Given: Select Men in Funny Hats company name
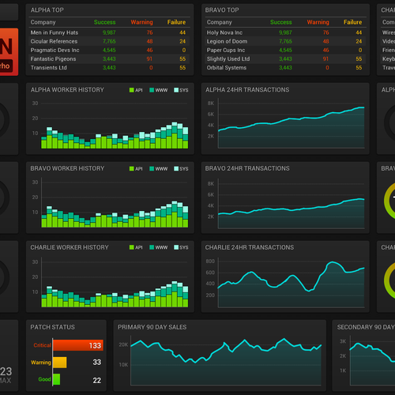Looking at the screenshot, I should point(56,32).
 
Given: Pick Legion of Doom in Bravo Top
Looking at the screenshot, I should point(228,41).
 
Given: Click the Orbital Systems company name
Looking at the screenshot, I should point(228,67).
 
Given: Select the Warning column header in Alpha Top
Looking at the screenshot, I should point(142,22).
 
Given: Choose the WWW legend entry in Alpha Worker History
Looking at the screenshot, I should point(161,90).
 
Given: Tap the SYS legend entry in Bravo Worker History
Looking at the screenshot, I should point(183,169).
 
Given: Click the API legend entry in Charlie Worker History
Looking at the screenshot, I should point(138,247).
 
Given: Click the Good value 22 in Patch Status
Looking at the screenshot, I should point(96,380).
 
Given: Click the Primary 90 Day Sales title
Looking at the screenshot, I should point(153,326).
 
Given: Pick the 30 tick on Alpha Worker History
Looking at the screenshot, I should point(36,103).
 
